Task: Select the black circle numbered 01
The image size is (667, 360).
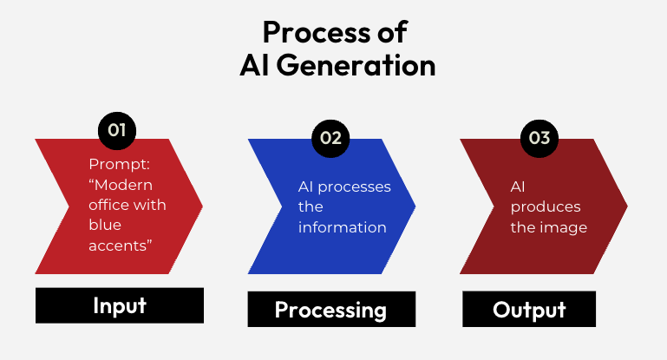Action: pos(117,131)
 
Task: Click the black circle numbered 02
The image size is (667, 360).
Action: pos(330,138)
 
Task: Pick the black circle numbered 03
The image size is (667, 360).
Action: pos(539,138)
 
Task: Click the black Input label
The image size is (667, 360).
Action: pos(120,305)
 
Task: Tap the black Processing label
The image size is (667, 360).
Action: pos(330,310)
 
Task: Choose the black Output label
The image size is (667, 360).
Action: pos(528,310)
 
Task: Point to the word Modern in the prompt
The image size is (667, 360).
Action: pos(124,185)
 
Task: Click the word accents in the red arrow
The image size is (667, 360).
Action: pos(121,245)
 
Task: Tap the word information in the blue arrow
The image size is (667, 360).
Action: pos(343,227)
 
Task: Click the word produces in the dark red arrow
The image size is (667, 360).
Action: pos(546,207)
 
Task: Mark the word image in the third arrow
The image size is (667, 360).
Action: pos(567,227)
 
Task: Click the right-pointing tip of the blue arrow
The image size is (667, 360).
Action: pos(414,206)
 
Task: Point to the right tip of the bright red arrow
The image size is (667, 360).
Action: pos(201,206)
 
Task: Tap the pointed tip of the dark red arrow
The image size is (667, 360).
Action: pos(626,206)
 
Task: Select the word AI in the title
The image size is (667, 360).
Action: pos(256,66)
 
